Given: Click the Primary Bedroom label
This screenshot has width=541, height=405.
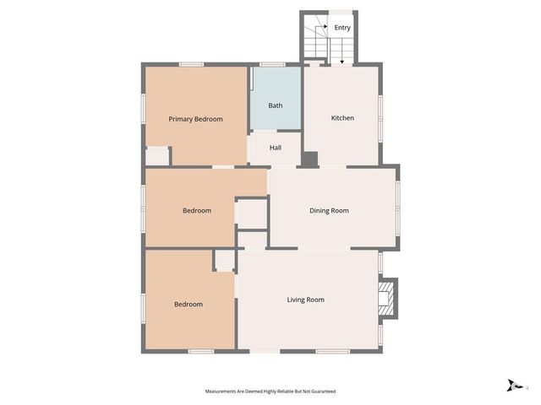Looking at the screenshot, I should tap(195, 119).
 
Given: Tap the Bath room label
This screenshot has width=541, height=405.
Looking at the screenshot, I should tap(276, 105).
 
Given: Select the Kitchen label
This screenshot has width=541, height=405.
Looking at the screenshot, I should tap(342, 117).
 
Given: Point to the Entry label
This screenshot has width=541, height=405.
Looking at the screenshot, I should tap(342, 28).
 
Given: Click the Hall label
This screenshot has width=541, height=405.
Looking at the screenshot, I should tap(276, 148).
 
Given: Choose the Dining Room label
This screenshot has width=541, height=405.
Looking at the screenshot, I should tap(329, 210).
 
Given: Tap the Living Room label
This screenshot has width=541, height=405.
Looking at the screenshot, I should tap(305, 300).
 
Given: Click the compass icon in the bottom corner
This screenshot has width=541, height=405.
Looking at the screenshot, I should tap(513, 386).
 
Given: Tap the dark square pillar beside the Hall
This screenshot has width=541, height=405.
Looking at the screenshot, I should tap(309, 159).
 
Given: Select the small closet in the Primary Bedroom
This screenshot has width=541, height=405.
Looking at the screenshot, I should tap(156, 157).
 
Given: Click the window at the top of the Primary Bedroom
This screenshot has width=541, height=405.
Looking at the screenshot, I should tap(191, 64).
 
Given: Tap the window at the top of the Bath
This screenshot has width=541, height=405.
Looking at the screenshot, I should tap(271, 64).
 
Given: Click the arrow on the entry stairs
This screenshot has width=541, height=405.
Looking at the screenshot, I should tap(342, 59).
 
